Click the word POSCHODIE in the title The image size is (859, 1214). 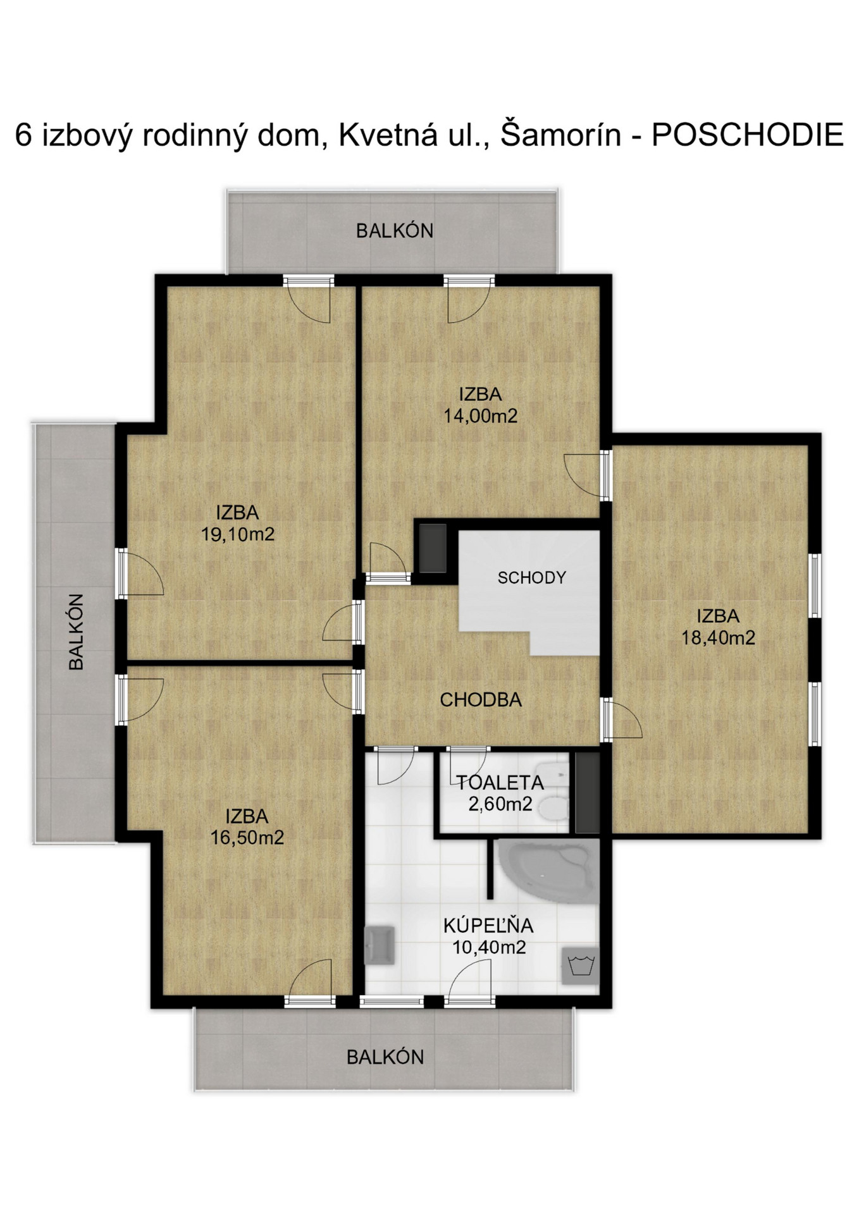click(x=747, y=135)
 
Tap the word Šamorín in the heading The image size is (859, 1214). click(x=560, y=135)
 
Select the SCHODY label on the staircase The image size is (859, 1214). click(x=531, y=577)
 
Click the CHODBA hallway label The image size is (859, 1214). click(x=481, y=699)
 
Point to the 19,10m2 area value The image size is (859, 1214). click(x=238, y=534)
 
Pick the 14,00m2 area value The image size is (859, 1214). click(x=480, y=415)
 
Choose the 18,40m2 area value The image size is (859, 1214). click(x=718, y=637)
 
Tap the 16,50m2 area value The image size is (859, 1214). click(x=247, y=837)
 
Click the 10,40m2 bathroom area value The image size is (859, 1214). click(x=489, y=947)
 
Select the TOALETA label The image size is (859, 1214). click(x=500, y=783)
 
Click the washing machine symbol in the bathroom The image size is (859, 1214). click(x=581, y=966)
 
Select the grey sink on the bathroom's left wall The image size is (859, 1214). click(x=380, y=945)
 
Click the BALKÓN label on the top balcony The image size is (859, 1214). click(x=395, y=231)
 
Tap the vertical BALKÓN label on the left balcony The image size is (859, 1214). click(x=76, y=632)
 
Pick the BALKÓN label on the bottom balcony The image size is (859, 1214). click(x=385, y=1057)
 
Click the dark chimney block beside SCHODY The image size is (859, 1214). click(x=433, y=548)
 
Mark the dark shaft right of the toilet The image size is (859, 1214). click(x=588, y=792)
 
